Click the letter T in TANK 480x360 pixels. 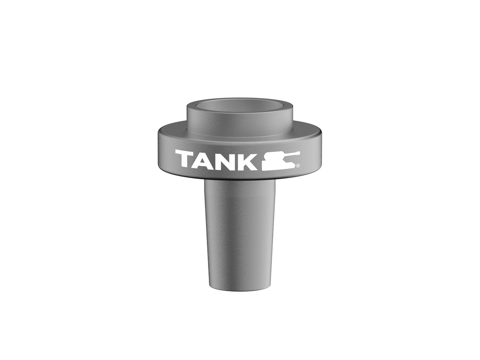(184, 159)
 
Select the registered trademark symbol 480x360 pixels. (298, 165)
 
